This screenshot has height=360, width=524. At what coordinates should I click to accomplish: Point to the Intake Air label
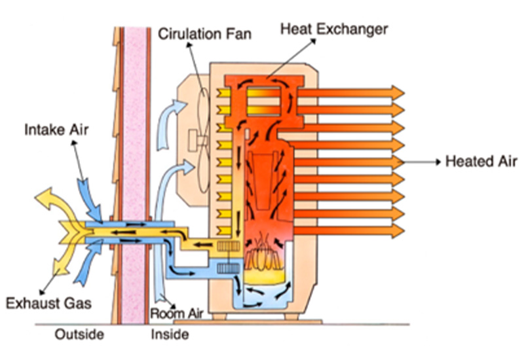pyautogui.click(x=56, y=130)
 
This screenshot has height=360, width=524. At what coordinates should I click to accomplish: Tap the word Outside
pyautogui.click(x=79, y=335)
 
